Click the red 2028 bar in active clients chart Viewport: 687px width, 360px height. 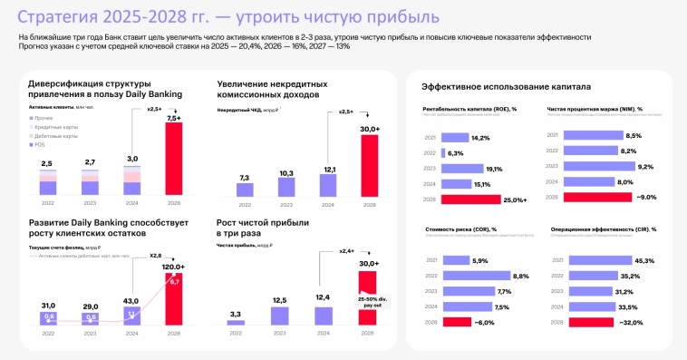coord(172,160)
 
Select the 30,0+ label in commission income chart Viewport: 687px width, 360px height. coord(369,130)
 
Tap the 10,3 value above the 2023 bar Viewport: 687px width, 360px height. coord(286,172)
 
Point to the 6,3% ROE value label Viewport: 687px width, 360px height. coord(481,153)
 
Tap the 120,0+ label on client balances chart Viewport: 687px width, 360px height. coord(172,268)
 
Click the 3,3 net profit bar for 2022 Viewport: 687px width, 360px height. coord(236,321)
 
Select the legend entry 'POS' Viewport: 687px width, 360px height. coord(40,145)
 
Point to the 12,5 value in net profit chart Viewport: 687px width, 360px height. coord(279,300)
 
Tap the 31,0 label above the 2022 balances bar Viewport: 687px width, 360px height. coord(48,306)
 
